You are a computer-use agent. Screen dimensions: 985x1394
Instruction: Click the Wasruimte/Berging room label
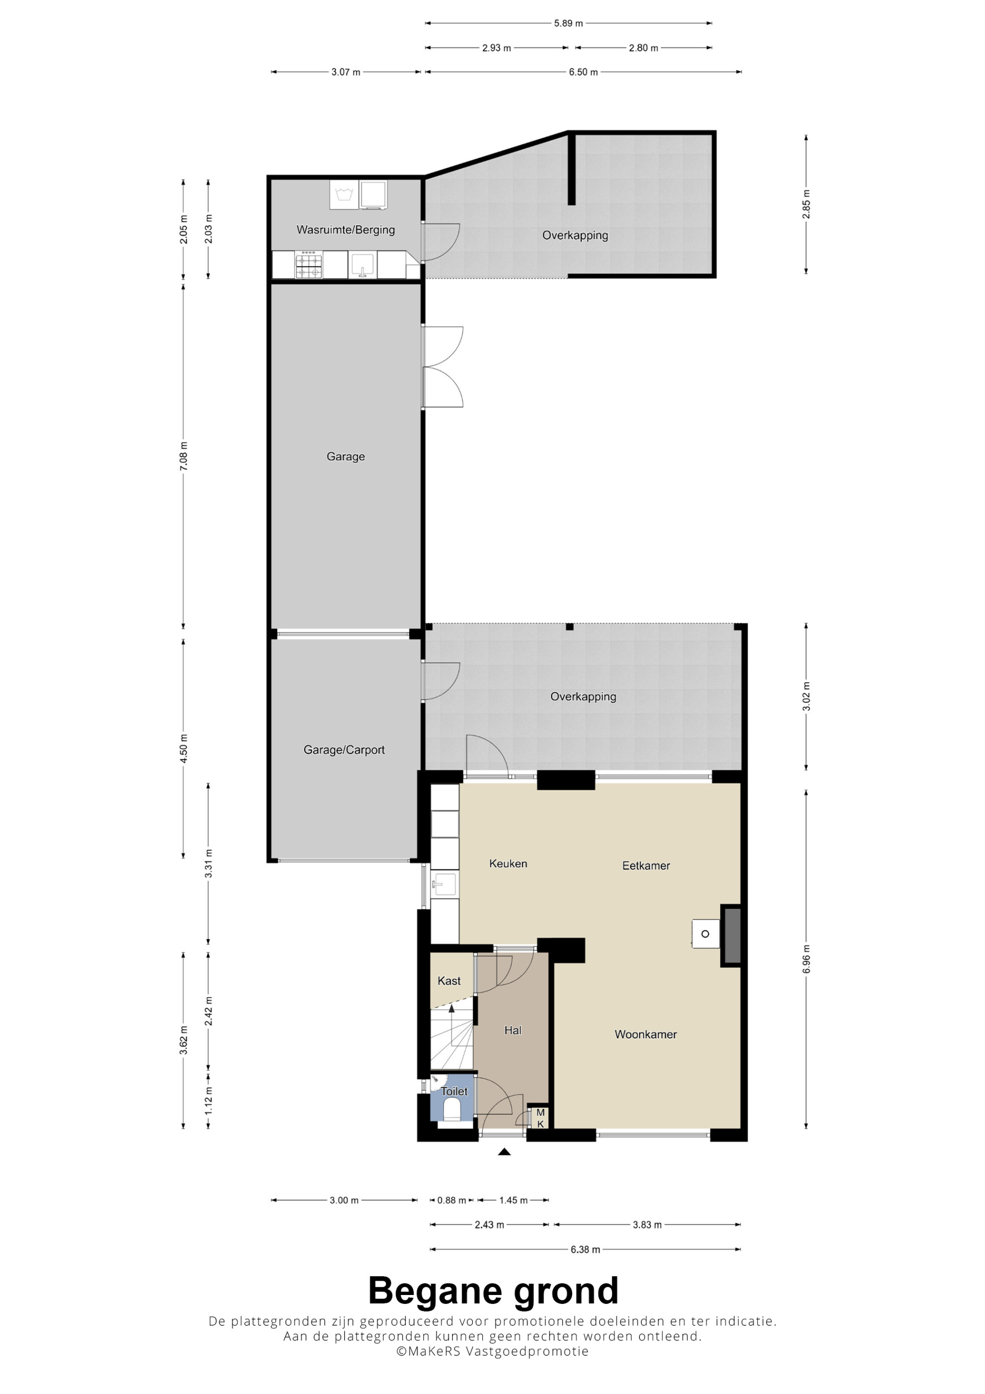345,230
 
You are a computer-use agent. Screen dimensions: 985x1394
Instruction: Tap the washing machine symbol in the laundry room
344,194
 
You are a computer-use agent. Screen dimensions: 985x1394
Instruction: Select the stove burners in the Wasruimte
309,265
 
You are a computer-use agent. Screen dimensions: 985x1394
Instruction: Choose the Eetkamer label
646,866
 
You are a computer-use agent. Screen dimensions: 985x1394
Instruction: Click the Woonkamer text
645,1034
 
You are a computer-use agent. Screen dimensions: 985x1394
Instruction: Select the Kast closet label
449,981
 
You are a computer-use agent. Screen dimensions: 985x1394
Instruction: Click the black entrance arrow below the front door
504,1152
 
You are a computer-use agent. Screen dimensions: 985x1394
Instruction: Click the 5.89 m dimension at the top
568,24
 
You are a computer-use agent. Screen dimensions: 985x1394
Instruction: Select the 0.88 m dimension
452,1200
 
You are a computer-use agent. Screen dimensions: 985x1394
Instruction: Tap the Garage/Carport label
344,750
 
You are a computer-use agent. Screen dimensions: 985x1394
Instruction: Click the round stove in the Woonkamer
705,934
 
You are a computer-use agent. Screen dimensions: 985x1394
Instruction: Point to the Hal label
513,1030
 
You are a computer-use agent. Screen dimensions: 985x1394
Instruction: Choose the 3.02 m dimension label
806,697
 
